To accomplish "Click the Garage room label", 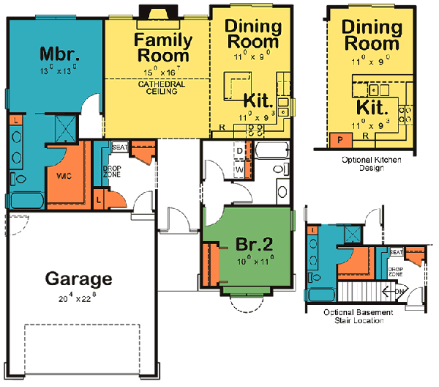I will (x=79, y=279).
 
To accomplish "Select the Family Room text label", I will (x=162, y=48).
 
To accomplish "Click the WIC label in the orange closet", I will (x=61, y=176).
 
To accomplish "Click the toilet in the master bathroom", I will (x=19, y=178).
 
